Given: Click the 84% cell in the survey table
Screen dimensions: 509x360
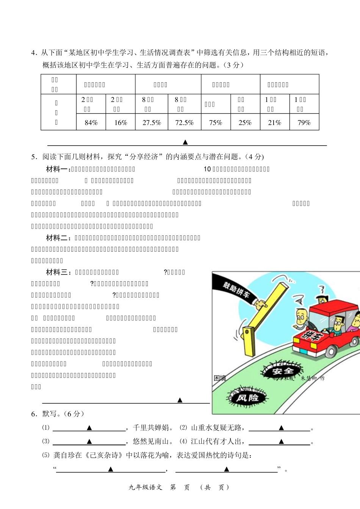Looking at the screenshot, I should [91, 122].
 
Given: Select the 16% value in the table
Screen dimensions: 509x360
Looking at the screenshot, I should [121, 122].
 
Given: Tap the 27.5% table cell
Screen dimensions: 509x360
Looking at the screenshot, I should [152, 122].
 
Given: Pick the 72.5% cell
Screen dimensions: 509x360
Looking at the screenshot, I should [184, 122].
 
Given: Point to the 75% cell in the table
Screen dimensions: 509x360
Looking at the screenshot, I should [216, 122].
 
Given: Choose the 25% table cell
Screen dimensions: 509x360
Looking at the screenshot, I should [245, 122].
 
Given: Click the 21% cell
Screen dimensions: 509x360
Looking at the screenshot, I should [275, 122].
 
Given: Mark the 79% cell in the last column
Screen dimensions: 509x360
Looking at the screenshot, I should [304, 122].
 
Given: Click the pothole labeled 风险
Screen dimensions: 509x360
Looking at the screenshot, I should [247, 398].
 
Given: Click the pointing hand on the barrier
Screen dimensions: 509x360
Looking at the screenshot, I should [261, 303].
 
